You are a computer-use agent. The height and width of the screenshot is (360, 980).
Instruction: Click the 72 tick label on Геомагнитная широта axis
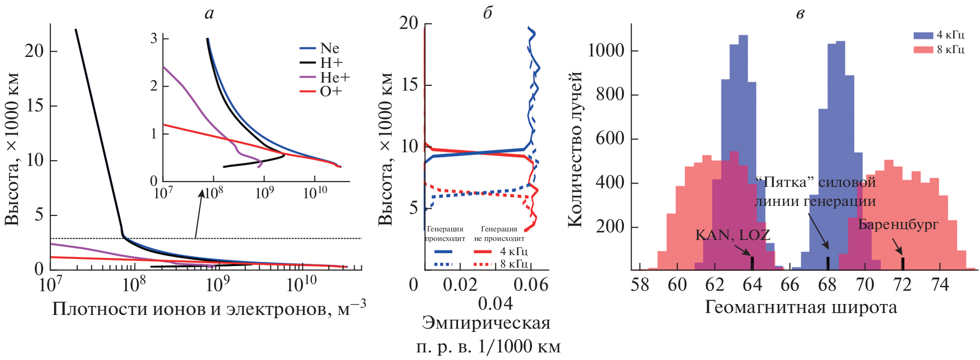pos(902,285)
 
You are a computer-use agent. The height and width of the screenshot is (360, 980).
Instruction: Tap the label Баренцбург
pos(898,224)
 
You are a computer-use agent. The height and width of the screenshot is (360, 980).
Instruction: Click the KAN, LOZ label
pos(733,235)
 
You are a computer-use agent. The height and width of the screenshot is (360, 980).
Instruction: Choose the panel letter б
pos(487,13)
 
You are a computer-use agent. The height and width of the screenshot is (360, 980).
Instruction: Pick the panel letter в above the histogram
pos(800,13)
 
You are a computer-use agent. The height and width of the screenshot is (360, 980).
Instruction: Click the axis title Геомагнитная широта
pos(801,307)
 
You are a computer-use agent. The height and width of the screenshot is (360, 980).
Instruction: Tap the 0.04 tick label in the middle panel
pos(495,304)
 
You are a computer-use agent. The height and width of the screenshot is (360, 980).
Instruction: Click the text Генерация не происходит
pos(499,234)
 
